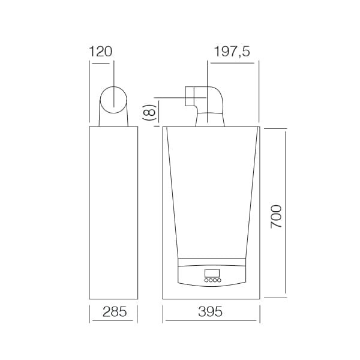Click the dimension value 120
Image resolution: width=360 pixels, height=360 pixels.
click(101, 52)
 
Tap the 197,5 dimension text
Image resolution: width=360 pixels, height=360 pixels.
click(232, 52)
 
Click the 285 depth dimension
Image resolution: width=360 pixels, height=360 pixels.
click(113, 312)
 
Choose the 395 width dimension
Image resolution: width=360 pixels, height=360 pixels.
click(211, 312)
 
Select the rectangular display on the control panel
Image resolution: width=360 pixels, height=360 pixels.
click(212, 273)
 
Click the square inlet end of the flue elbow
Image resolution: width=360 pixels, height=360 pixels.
click(191, 97)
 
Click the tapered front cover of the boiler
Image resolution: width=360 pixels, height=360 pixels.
click(211, 192)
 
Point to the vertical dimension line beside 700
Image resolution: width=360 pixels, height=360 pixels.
click(286, 213)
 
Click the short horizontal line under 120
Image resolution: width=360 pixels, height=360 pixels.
click(101, 61)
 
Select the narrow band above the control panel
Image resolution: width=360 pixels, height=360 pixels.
click(212, 262)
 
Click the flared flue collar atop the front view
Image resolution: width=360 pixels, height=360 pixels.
click(209, 121)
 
